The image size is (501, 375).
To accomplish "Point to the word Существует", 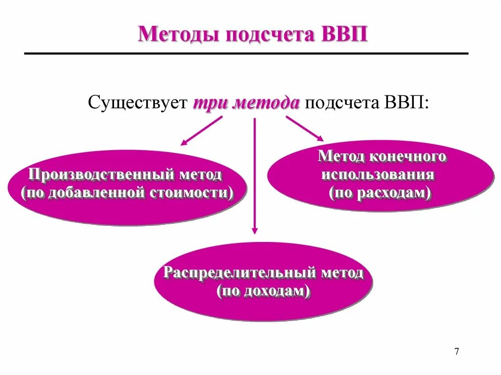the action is pos(138,103).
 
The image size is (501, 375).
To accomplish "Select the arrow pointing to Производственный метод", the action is pos(201,131).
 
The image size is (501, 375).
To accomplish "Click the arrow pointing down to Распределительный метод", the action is pos(254,176).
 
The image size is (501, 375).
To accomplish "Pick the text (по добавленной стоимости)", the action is pos(127,192).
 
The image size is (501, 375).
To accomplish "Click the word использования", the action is pos(378,175).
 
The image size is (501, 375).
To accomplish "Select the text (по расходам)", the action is pos(380,193).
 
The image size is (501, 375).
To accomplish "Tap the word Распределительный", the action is pos(239,272).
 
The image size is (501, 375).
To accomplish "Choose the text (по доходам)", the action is pos(264,291).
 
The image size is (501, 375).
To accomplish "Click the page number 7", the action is pos(456,351).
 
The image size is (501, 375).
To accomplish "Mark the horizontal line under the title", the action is pos(246,53).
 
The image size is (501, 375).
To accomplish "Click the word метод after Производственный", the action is pos(201,174).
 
